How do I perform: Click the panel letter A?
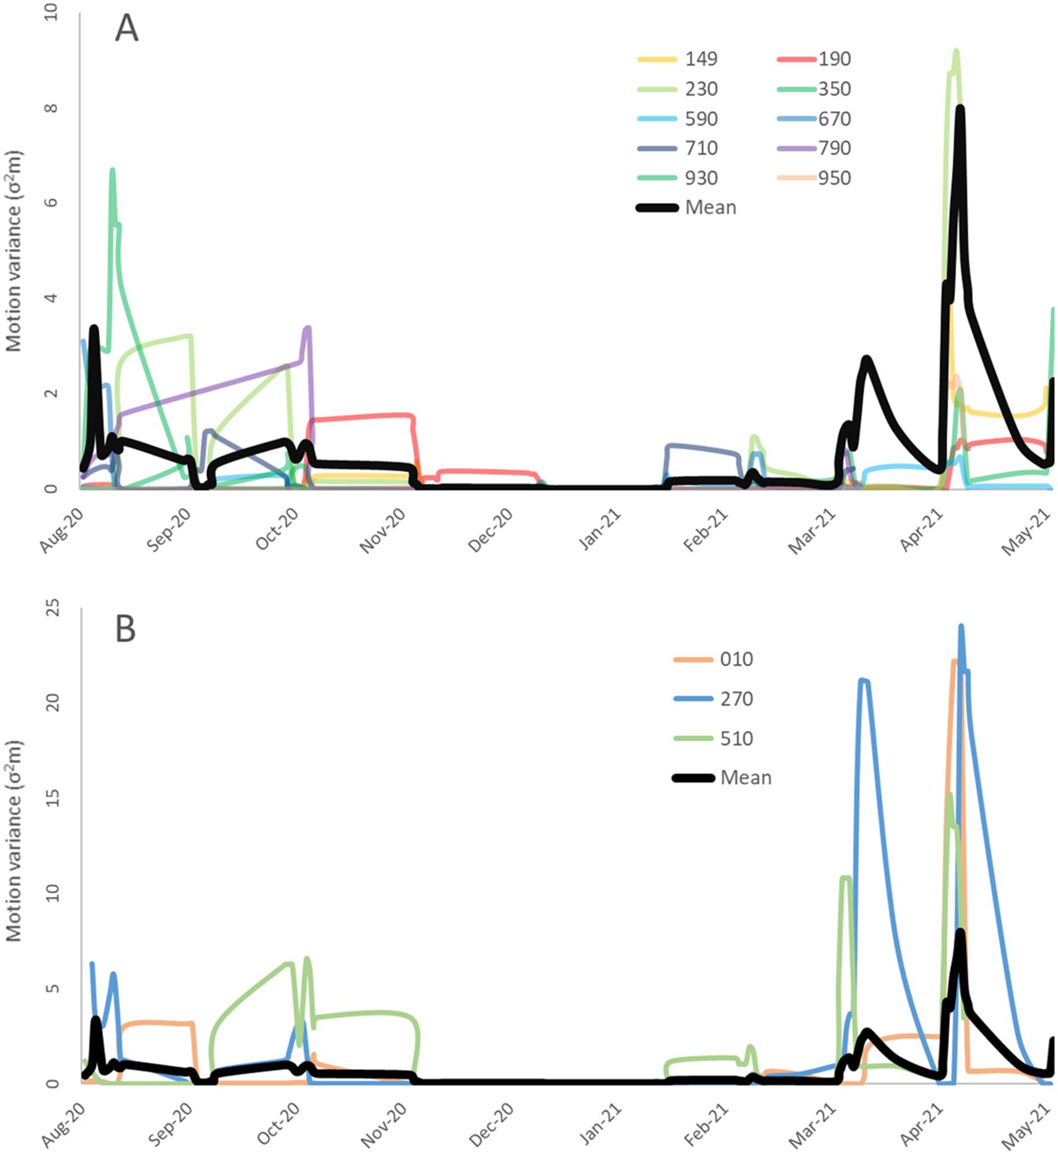[x=127, y=29]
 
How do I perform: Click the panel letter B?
[x=125, y=629]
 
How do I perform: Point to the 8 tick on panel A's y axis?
[x=53, y=108]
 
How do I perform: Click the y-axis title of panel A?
[x=14, y=251]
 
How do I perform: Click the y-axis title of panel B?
[x=14, y=842]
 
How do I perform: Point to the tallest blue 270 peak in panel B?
[x=961, y=626]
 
